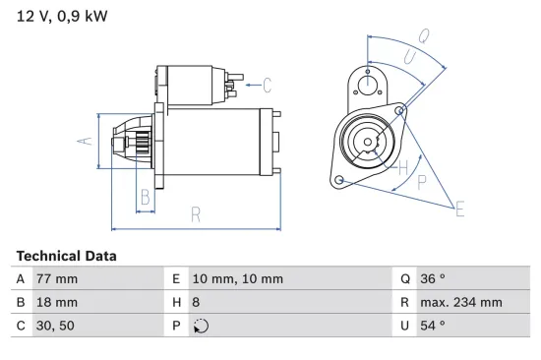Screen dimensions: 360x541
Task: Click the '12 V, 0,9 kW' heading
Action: tap(60, 16)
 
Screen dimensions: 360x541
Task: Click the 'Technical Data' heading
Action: tap(66, 256)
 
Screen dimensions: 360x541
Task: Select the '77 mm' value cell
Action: tap(57, 279)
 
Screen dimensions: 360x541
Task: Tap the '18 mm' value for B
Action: tap(57, 302)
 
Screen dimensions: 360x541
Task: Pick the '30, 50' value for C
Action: tap(55, 325)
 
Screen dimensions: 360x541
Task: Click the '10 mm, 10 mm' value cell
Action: tap(237, 279)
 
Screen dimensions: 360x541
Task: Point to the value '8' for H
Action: tap(196, 302)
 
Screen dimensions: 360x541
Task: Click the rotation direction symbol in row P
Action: tap(199, 326)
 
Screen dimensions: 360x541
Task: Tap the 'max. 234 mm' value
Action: tap(464, 302)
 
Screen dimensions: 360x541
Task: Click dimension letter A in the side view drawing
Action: tap(86, 142)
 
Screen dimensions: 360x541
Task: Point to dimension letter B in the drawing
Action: tap(146, 197)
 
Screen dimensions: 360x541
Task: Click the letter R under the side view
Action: tap(197, 214)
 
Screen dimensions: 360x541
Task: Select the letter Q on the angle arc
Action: tap(424, 36)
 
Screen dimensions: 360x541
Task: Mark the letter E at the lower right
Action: tap(458, 207)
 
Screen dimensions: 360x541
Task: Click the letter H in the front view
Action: tap(402, 168)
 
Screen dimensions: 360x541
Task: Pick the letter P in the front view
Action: tap(421, 182)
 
